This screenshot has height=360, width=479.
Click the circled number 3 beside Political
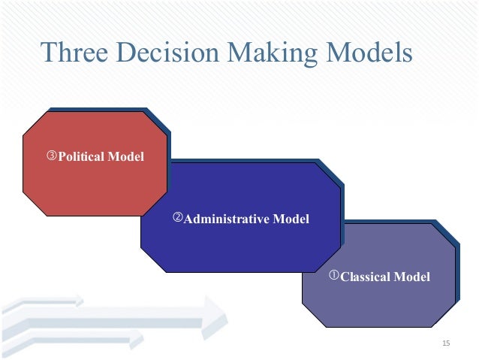tap(52, 156)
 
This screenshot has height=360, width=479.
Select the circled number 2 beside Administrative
tap(178, 219)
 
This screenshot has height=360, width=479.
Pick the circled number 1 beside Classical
tap(335, 276)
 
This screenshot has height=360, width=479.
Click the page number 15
tap(446, 343)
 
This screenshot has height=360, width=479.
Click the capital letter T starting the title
tap(48, 53)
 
